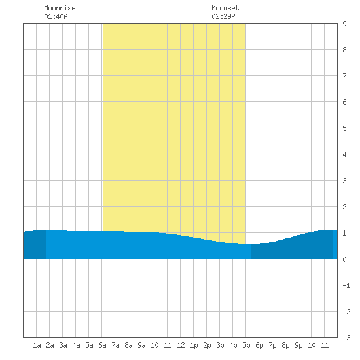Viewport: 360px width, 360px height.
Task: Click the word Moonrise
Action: click(x=60, y=8)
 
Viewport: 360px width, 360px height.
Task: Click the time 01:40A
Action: click(x=56, y=16)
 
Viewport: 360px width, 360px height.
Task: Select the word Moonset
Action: click(x=225, y=8)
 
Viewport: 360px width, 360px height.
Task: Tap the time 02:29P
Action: click(x=223, y=16)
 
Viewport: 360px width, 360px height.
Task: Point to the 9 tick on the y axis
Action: click(x=344, y=24)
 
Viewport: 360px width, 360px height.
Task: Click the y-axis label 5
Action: click(x=344, y=128)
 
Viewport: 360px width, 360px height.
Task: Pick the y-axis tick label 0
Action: click(x=344, y=259)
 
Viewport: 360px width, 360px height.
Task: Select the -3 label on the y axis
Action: click(x=346, y=338)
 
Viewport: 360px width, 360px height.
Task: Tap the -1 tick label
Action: click(x=346, y=285)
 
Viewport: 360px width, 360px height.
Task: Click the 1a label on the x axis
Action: click(x=37, y=345)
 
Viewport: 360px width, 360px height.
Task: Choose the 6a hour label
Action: click(x=102, y=345)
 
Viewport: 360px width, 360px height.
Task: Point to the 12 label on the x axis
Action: click(x=181, y=345)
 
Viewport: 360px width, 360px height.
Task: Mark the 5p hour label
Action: click(x=246, y=345)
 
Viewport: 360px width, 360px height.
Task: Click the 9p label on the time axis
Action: click(x=298, y=345)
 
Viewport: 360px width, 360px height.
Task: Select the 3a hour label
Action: click(x=63, y=345)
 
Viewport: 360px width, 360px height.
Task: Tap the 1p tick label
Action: click(x=194, y=345)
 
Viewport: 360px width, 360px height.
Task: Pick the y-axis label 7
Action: click(x=344, y=76)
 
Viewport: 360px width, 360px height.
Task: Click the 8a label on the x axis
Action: click(x=128, y=345)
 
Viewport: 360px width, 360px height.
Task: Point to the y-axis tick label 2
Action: click(x=344, y=207)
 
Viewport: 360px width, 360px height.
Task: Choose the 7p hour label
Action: click(x=272, y=345)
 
